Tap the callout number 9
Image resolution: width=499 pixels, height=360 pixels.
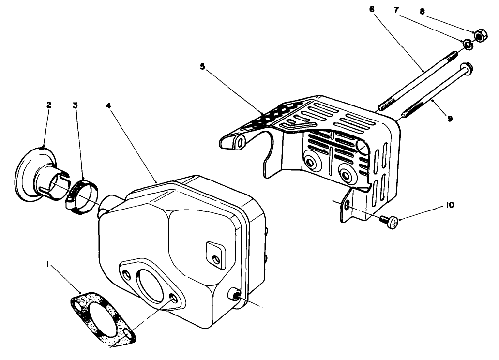click(450, 118)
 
